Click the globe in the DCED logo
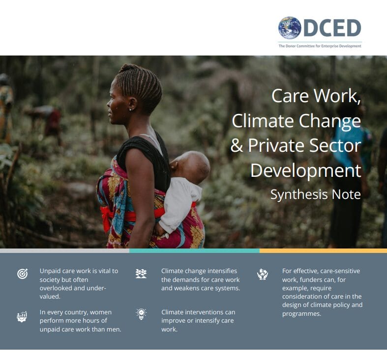[x=290, y=28]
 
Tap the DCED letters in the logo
[x=332, y=28]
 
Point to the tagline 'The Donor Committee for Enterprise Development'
[x=320, y=46]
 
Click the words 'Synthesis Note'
[x=316, y=194]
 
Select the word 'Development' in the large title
[x=306, y=170]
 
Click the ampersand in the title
[x=237, y=145]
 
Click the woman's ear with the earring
[x=133, y=104]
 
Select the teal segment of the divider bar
[x=194, y=251]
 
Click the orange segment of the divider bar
[x=324, y=251]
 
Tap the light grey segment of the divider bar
[x=64, y=251]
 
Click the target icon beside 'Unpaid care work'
[x=23, y=274]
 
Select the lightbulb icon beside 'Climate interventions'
[x=141, y=314]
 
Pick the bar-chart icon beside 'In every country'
[x=22, y=317]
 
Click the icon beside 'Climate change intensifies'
[x=141, y=274]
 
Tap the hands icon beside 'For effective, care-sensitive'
[x=263, y=274]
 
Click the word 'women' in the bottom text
[x=101, y=312]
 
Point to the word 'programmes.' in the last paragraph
[x=301, y=314]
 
